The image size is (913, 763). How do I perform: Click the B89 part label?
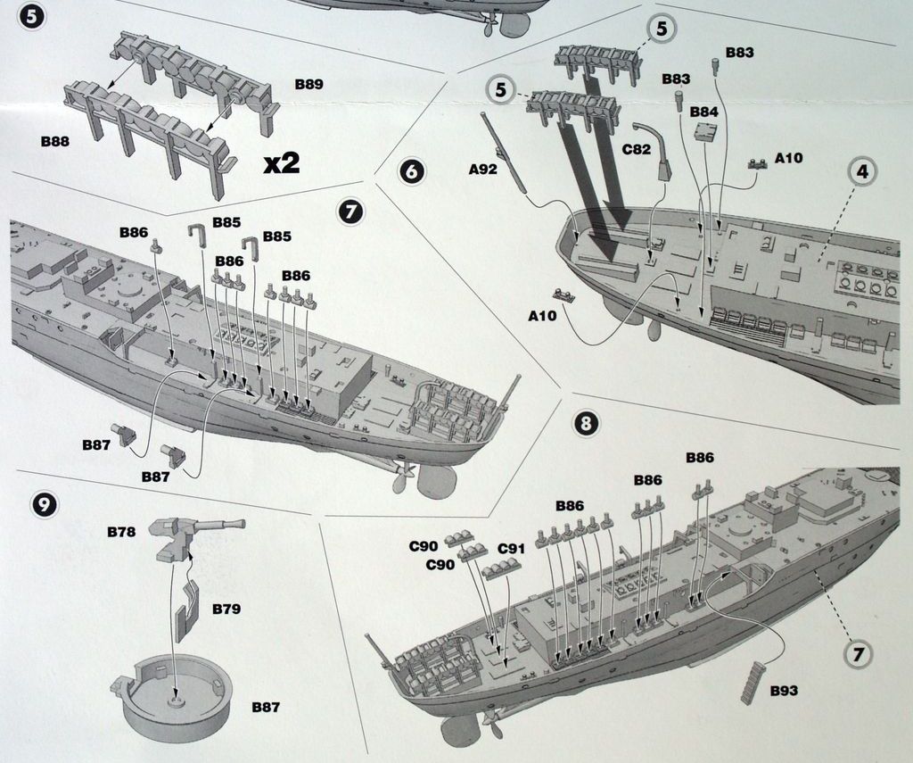pos(308,85)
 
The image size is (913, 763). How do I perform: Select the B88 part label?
pos(54,141)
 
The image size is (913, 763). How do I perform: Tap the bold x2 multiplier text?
pos(282,162)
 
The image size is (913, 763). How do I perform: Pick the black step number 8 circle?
pos(585,423)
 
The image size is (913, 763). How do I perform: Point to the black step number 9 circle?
pos(44,504)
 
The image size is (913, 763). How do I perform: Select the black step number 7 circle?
pos(350,211)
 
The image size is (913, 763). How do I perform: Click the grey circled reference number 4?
pos(861,170)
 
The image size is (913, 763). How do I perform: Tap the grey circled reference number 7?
pos(858,654)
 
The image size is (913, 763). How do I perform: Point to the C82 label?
pos(637,150)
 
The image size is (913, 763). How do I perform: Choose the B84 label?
pos(703,112)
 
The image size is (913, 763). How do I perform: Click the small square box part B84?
pos(706,132)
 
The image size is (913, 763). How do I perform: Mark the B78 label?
pos(121,532)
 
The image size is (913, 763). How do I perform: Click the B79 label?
pos(226,609)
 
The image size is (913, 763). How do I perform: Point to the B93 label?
pos(783,691)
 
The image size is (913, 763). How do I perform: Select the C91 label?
pos(511,549)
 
